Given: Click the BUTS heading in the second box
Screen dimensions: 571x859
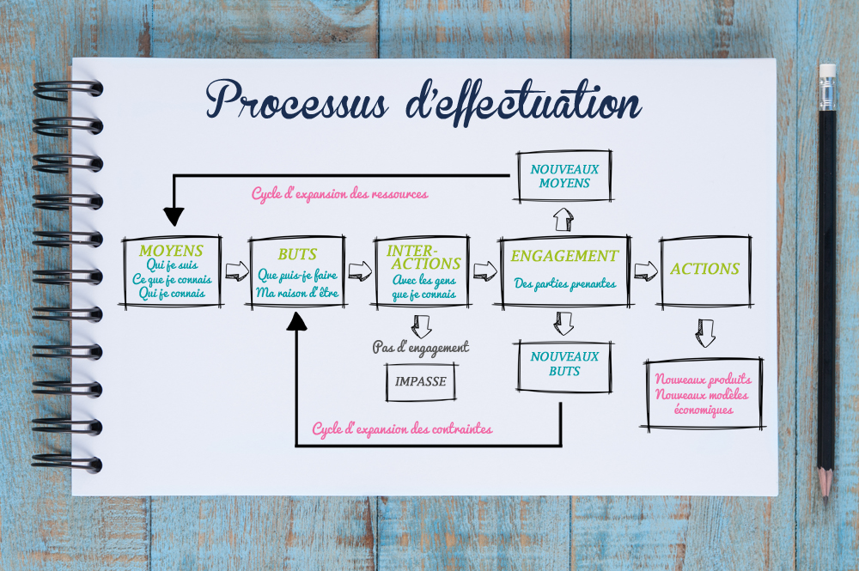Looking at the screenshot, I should (x=297, y=254).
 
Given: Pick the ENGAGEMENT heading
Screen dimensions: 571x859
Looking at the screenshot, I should (x=564, y=256).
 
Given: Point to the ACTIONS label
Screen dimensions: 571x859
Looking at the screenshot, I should (x=704, y=269).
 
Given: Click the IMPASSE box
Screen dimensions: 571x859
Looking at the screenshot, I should (x=421, y=381).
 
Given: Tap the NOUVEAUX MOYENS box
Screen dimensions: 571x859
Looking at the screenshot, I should (x=564, y=176).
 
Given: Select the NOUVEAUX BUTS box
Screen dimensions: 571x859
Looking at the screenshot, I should (x=564, y=364).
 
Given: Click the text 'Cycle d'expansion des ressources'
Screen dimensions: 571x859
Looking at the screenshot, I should (x=339, y=194).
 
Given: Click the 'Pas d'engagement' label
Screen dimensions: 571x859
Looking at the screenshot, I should (x=421, y=348).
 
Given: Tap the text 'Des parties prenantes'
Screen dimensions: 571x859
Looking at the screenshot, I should (x=564, y=283).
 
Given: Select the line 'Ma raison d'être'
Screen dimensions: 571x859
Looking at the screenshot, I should (x=297, y=293).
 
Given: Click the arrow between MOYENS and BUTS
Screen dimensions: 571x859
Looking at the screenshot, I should (x=235, y=271).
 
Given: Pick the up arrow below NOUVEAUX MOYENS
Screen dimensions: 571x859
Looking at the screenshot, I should (x=564, y=219).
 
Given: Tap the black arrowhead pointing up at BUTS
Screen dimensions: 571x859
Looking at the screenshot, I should (x=297, y=321).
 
